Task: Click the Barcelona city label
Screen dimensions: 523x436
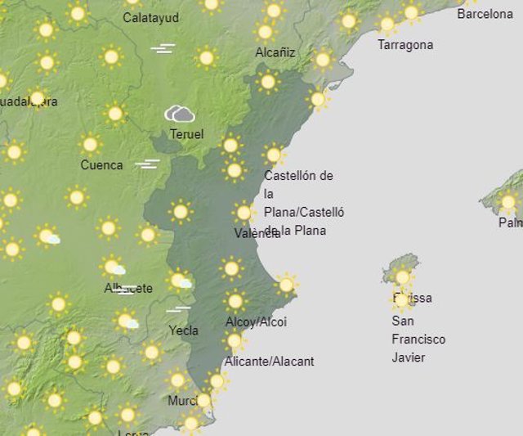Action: tap(485, 14)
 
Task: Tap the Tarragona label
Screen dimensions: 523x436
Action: tap(405, 45)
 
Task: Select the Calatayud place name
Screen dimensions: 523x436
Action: tap(151, 17)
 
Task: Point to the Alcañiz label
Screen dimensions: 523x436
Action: tap(275, 52)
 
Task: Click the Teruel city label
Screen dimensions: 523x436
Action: tap(186, 134)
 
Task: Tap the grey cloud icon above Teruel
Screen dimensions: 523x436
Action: tap(180, 114)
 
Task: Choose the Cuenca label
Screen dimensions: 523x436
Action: tap(101, 164)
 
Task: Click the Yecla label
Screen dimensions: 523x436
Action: tap(183, 330)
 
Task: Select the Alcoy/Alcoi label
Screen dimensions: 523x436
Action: tap(256, 321)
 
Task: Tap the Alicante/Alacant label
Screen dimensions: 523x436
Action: tap(269, 361)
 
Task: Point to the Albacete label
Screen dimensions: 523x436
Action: tap(128, 288)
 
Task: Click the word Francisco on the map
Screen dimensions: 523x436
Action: tap(418, 339)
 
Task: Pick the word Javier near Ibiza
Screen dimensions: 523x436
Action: tap(409, 357)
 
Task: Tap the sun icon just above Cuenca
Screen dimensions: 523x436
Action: tap(91, 145)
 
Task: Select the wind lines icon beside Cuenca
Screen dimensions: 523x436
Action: tap(147, 164)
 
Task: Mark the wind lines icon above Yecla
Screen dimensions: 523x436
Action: tap(178, 309)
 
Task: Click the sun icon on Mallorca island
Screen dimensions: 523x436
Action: tap(508, 201)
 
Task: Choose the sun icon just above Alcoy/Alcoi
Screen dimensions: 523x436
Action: tap(235, 301)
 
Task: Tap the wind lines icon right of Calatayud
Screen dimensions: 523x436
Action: tap(163, 49)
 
